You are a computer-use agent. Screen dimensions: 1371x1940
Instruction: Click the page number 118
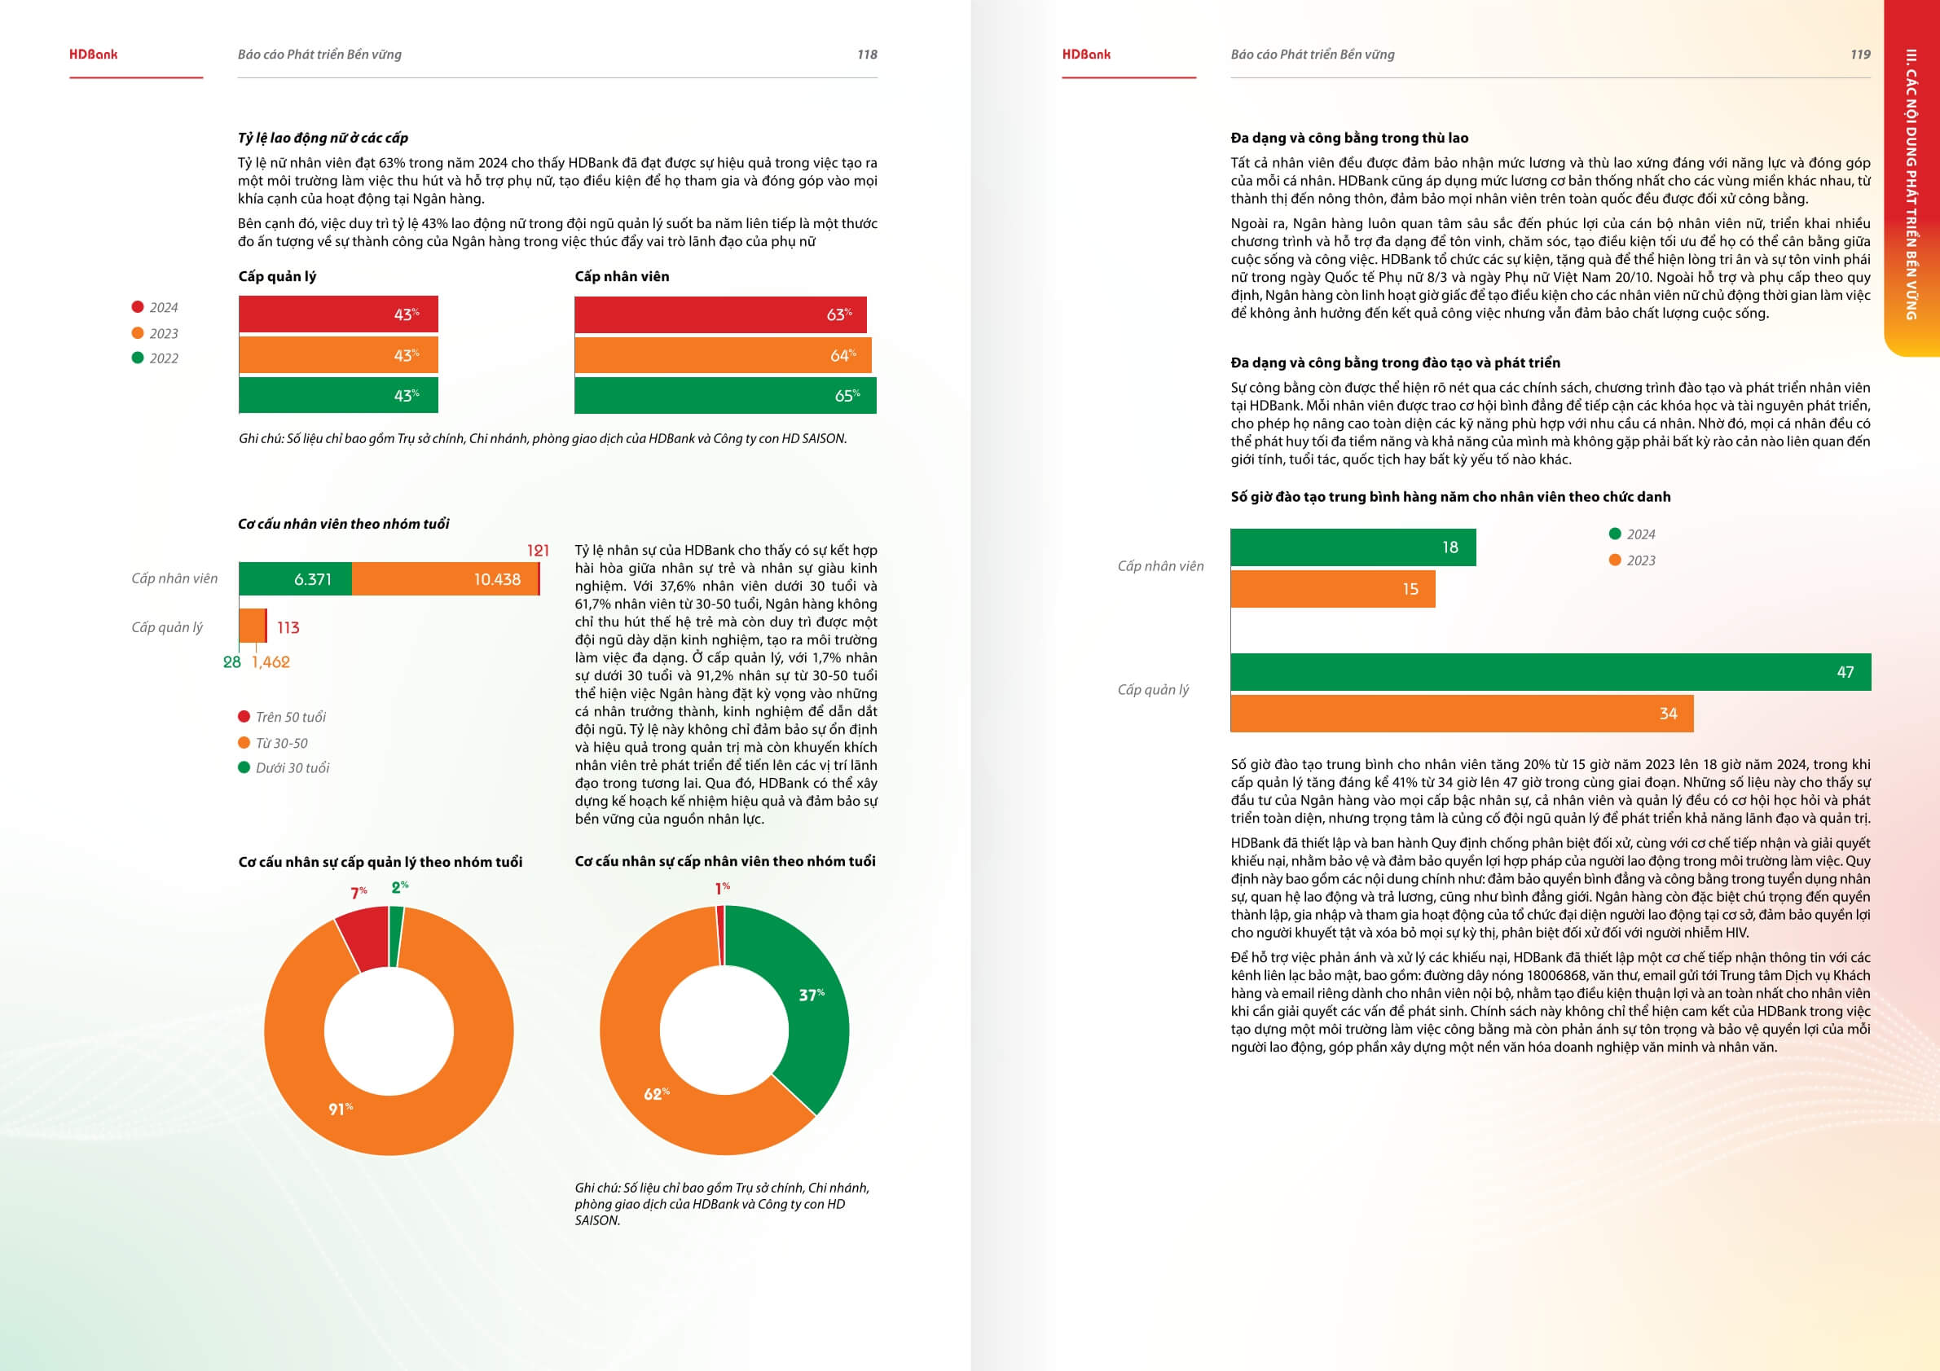point(867,55)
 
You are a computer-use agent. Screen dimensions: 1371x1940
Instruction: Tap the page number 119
point(1859,55)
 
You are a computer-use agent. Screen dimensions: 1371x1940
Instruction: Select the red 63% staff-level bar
point(720,314)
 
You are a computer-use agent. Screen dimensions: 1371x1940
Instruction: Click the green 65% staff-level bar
point(725,395)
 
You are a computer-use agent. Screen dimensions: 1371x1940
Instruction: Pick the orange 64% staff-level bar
point(723,355)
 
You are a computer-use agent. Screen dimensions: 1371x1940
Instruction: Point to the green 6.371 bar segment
point(296,579)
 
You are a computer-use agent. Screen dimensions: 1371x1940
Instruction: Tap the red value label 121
point(539,551)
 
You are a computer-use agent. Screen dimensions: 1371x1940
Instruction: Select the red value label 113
point(288,627)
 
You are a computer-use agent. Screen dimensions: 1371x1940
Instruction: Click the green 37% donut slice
point(807,997)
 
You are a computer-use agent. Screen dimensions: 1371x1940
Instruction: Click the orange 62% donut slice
point(667,1098)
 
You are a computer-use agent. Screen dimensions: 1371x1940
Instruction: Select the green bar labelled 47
point(1551,672)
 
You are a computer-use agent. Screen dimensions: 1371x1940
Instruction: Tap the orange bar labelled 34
point(1462,714)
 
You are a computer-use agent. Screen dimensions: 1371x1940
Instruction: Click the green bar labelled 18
point(1353,547)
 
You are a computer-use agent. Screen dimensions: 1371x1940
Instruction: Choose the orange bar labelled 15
point(1332,589)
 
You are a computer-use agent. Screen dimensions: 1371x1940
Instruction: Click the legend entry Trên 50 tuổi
point(291,717)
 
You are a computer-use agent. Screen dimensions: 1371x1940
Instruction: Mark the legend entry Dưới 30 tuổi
point(293,768)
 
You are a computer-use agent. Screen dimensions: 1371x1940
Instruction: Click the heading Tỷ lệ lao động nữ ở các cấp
point(323,138)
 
